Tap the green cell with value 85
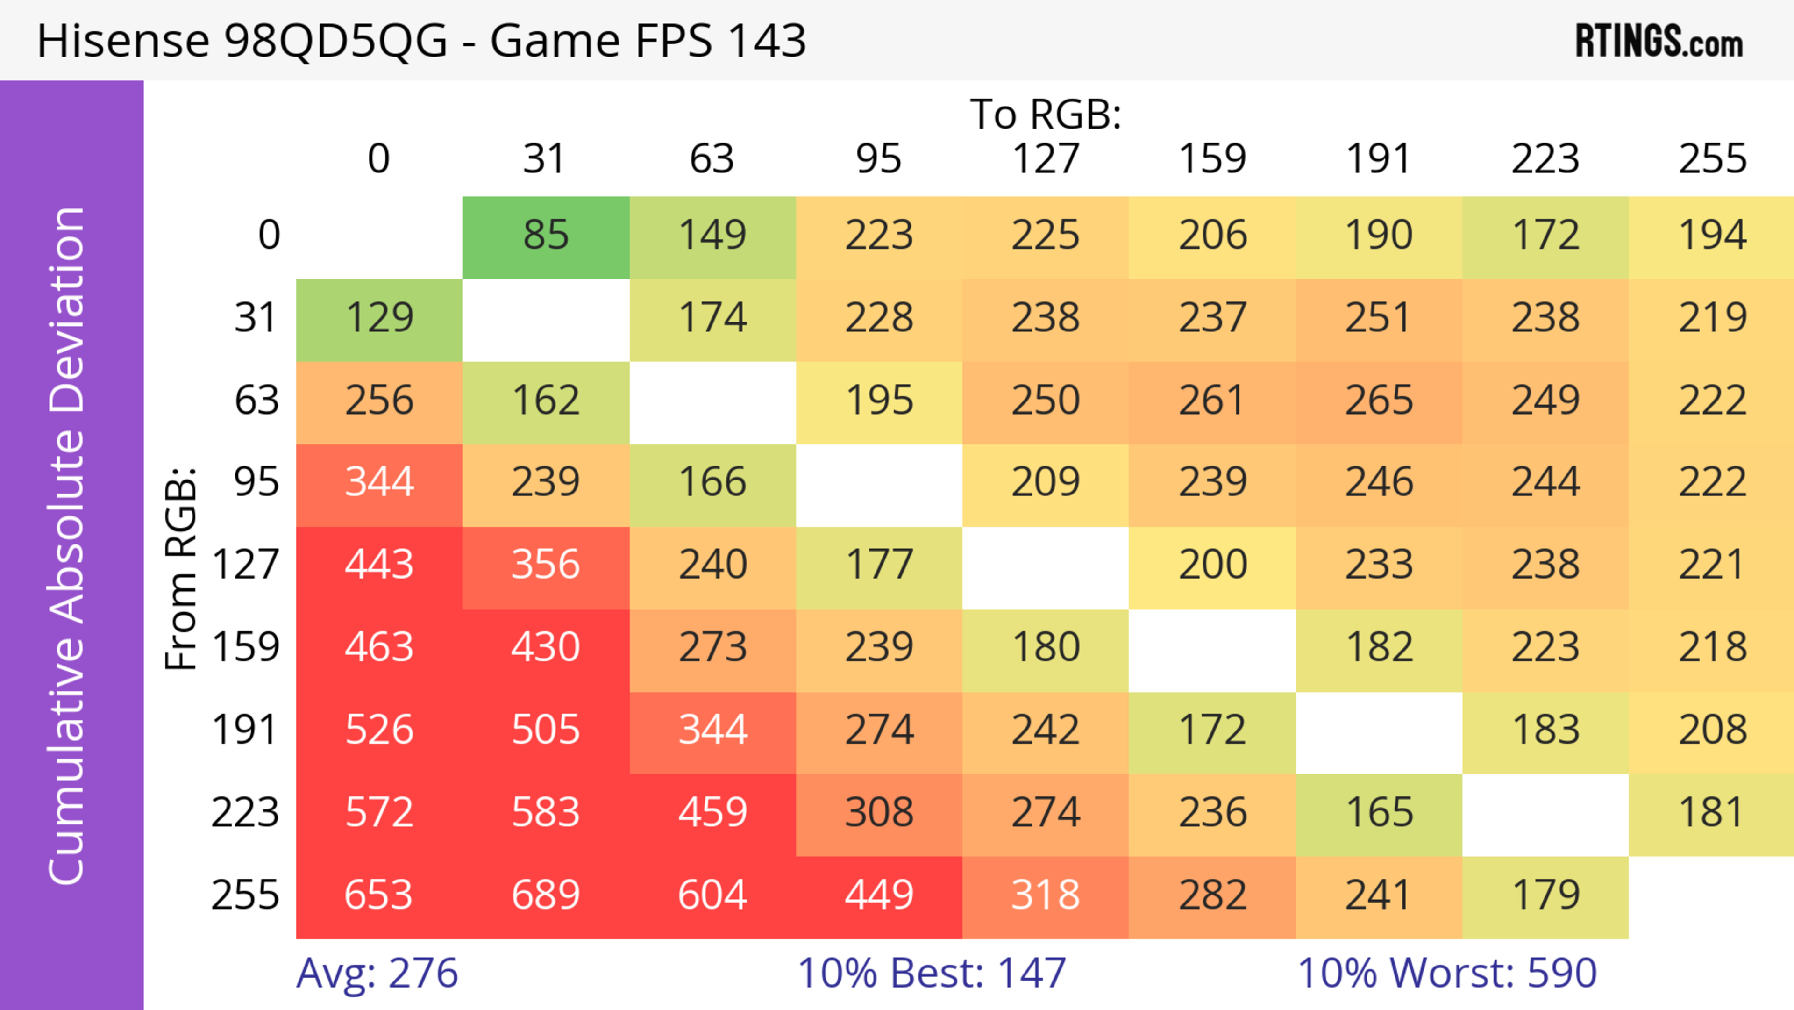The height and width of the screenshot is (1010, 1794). [546, 236]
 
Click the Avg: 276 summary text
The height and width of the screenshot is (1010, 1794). [377, 973]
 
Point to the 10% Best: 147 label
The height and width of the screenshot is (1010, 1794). [931, 973]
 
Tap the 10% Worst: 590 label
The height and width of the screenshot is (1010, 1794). [1446, 973]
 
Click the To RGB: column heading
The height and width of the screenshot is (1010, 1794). [1046, 114]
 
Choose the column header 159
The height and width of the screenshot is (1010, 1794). [1212, 159]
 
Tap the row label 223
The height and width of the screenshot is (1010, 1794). [245, 813]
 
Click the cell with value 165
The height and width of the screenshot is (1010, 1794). [1379, 813]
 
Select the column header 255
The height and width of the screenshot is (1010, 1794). [1712, 159]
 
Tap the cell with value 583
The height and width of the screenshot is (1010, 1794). [546, 813]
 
